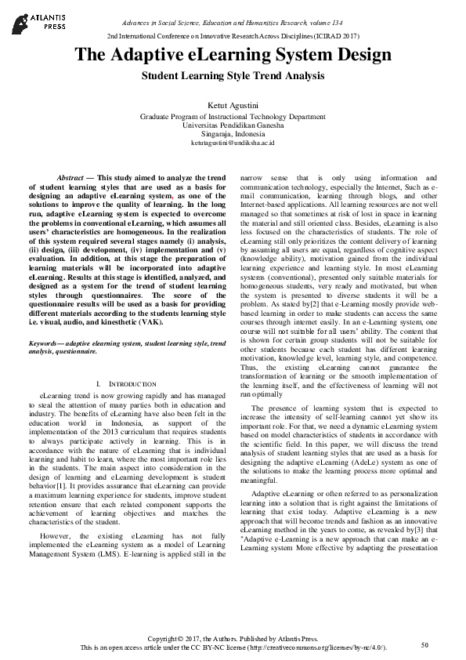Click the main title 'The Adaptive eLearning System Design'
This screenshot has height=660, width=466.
tap(233, 56)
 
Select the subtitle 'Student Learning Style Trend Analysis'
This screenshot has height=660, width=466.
tap(233, 76)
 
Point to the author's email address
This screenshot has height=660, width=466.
tap(233, 143)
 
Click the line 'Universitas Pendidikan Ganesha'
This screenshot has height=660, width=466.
tap(233, 125)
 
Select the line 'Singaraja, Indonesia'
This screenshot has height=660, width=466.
tap(233, 134)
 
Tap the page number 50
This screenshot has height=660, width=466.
tap(424, 644)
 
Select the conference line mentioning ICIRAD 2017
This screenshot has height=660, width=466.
tap(233, 36)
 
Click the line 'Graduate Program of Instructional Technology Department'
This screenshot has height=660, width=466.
tap(233, 116)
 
